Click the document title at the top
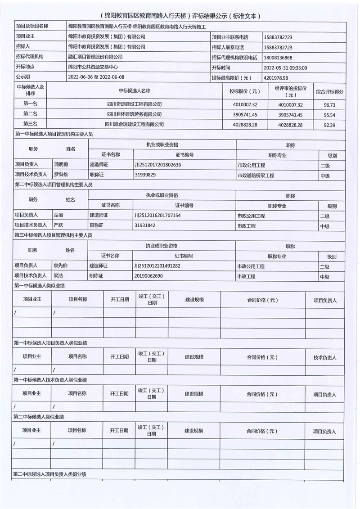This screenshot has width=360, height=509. coord(180,16)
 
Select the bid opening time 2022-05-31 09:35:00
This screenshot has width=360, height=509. coord(285,68)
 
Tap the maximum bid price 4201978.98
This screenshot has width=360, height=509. coord(276,78)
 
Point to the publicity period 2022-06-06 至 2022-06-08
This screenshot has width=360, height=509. coord(96,77)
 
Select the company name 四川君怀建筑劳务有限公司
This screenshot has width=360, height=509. coord(134,114)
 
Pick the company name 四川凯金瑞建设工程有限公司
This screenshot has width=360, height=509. coord(134,124)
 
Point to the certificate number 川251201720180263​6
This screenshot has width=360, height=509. coord(157,165)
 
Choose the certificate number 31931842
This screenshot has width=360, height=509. coord(145,225)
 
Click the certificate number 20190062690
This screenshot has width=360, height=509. coord(148,276)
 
